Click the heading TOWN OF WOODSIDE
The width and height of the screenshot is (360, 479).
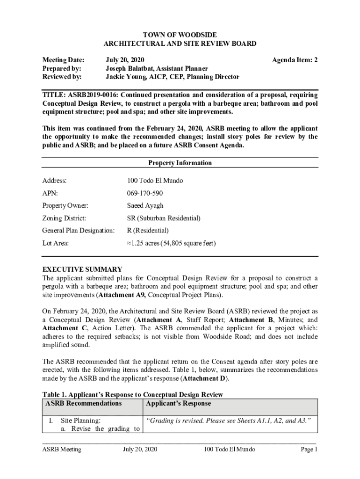pyautogui.click(x=180, y=35)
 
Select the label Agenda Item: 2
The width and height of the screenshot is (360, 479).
pyautogui.click(x=295, y=60)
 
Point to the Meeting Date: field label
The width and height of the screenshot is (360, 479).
pyautogui.click(x=64, y=60)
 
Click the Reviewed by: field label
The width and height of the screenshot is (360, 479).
pyautogui.click(x=62, y=77)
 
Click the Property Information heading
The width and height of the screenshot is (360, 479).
pyautogui.click(x=180, y=163)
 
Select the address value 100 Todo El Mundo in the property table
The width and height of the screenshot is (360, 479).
pyautogui.click(x=155, y=181)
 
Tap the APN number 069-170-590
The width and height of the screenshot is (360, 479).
pyautogui.click(x=145, y=193)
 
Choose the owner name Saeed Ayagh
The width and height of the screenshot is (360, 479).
pyautogui.click(x=145, y=206)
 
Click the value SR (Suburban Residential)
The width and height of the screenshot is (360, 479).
pyautogui.click(x=164, y=218)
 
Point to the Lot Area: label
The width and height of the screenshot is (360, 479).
pyautogui.click(x=56, y=243)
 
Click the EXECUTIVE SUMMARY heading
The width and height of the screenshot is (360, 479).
pyautogui.click(x=82, y=269)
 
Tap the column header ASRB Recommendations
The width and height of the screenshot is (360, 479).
pyautogui.click(x=84, y=403)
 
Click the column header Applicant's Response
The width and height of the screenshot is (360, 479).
pyautogui.click(x=179, y=403)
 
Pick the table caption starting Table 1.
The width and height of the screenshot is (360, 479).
pyautogui.click(x=133, y=395)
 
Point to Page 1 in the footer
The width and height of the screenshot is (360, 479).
pyautogui.click(x=309, y=450)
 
